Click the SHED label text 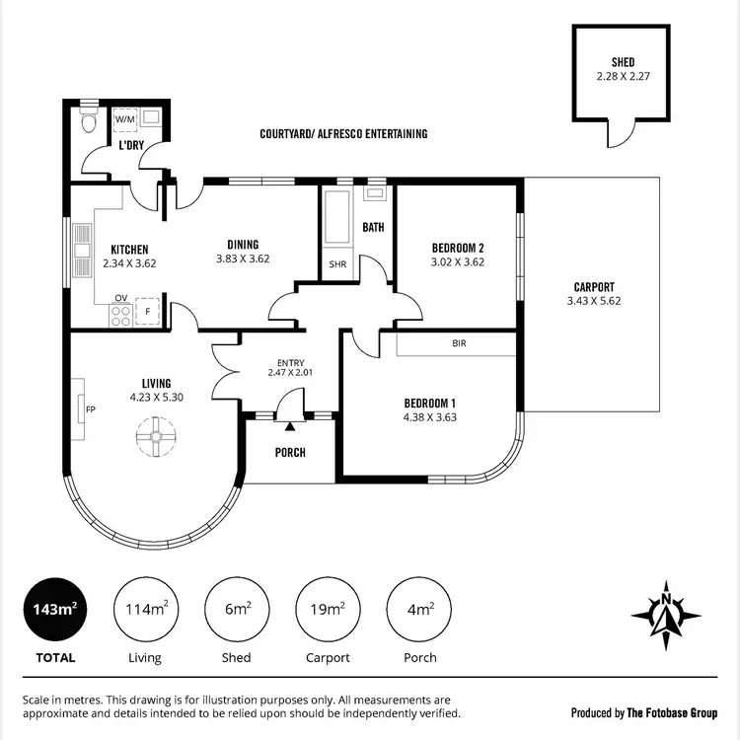pos(623,62)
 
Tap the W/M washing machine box pos(125,119)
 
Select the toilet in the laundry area pos(88,121)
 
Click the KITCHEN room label pos(129,250)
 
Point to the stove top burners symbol pos(121,317)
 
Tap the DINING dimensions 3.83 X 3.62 pos(243,259)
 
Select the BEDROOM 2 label pos(458,248)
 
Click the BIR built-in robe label pos(458,344)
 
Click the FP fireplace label pos(90,408)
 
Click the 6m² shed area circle pos(237,610)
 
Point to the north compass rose pos(666,614)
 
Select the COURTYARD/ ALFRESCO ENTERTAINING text pos(343,133)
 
